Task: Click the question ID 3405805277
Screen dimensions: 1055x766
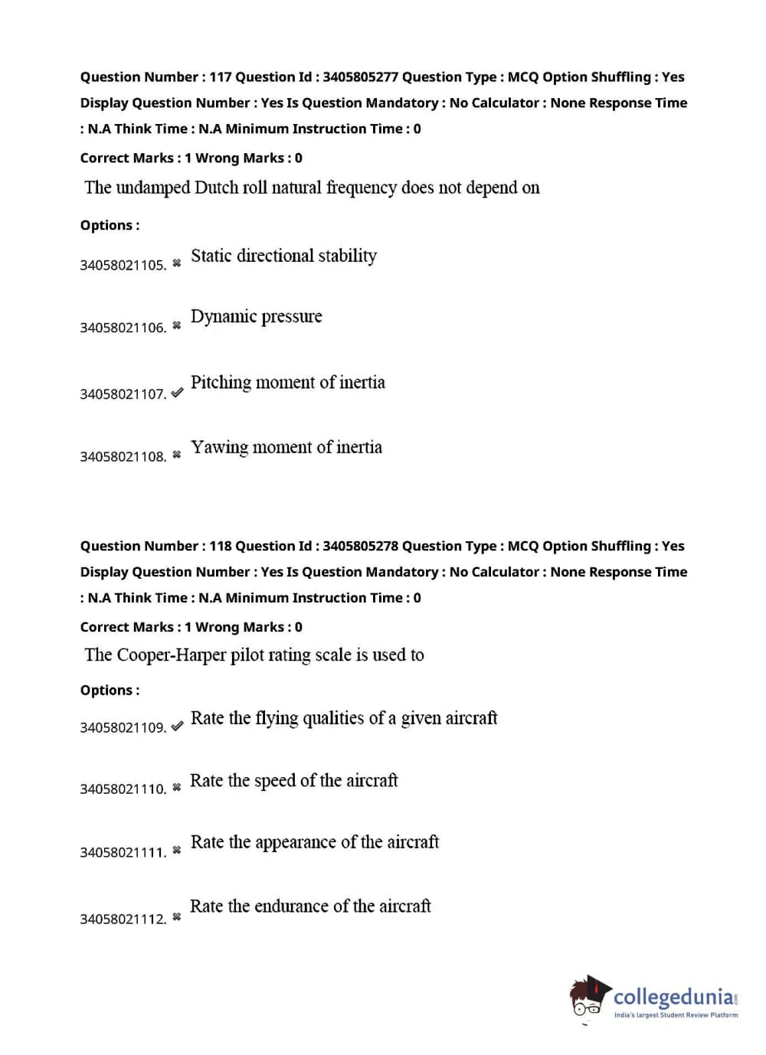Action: (x=360, y=77)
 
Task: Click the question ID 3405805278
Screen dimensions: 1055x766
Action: (x=360, y=546)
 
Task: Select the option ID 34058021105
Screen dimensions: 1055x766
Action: (x=123, y=265)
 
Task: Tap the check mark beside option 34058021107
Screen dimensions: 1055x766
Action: (x=177, y=392)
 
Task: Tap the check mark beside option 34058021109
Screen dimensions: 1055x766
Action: (x=177, y=726)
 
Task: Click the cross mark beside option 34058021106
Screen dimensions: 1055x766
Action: (x=176, y=325)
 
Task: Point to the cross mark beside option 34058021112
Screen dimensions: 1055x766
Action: (x=176, y=916)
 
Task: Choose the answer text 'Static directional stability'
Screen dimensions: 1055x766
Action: (x=283, y=256)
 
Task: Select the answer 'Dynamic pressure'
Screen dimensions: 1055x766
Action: (x=256, y=316)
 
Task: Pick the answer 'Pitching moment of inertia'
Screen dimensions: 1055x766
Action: (x=287, y=382)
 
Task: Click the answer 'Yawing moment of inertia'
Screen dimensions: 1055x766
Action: (x=286, y=447)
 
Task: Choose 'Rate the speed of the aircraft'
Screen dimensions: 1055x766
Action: (x=293, y=781)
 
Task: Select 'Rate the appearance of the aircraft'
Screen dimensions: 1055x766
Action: (x=314, y=842)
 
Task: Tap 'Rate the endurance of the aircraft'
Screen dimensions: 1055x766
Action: (x=310, y=906)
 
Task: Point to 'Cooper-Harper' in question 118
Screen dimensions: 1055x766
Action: (x=171, y=655)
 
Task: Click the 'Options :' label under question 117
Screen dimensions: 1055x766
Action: (x=110, y=225)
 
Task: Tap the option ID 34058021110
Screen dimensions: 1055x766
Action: (x=123, y=789)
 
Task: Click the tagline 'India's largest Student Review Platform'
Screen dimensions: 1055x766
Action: (x=676, y=1015)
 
